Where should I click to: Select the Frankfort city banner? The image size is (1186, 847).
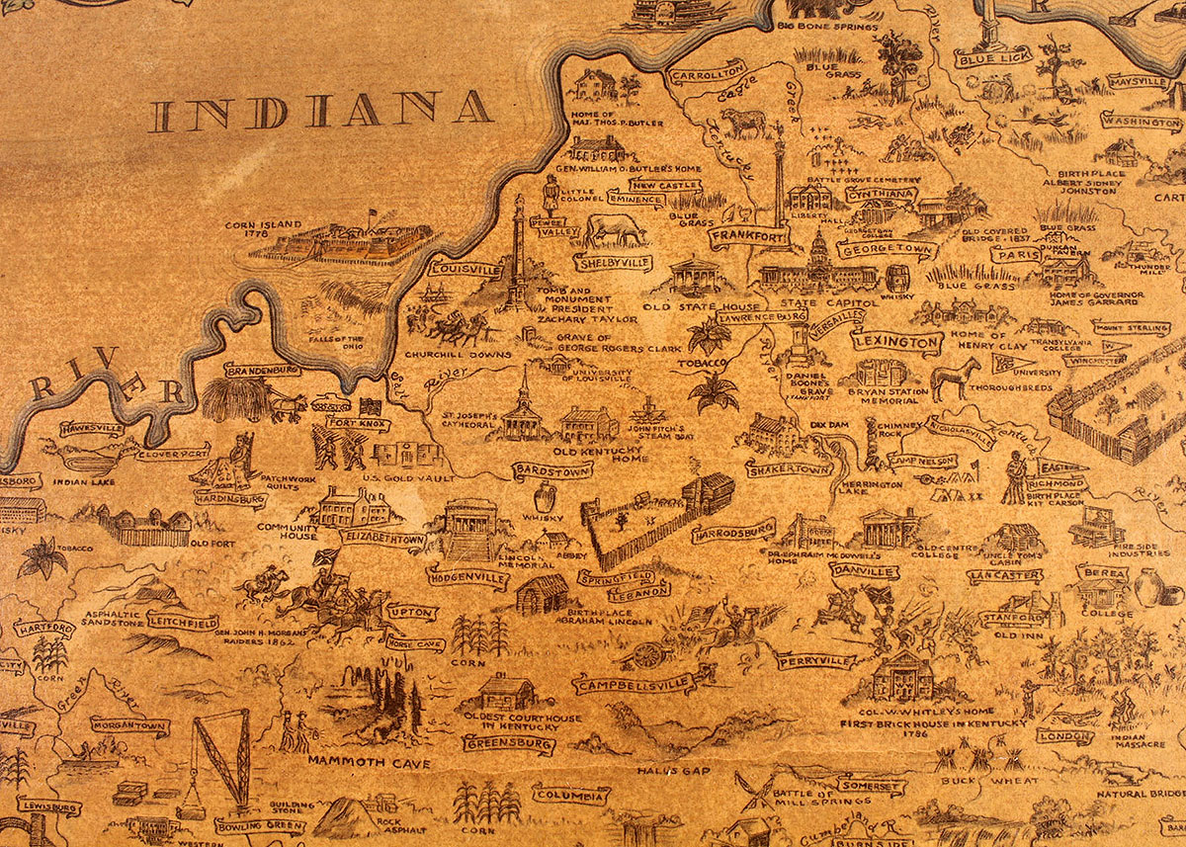pyautogui.click(x=748, y=238)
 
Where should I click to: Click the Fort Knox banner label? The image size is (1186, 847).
pyautogui.click(x=358, y=424)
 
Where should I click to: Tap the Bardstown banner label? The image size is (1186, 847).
pyautogui.click(x=551, y=470)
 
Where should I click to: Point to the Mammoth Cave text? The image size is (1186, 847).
pyautogui.click(x=369, y=762)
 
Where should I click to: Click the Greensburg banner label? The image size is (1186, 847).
pyautogui.click(x=509, y=742)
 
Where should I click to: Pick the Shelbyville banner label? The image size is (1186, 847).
pyautogui.click(x=613, y=263)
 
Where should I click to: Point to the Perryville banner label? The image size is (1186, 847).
pyautogui.click(x=815, y=659)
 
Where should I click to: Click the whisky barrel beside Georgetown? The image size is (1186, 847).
pyautogui.click(x=897, y=278)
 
